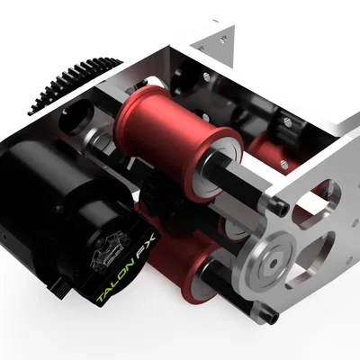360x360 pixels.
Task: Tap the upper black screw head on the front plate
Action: tap(283, 208)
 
